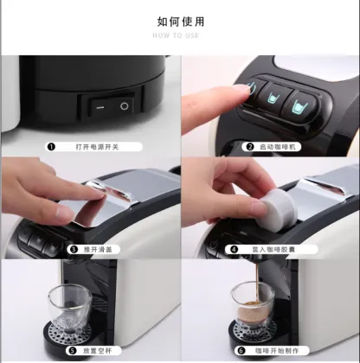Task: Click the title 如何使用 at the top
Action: click(x=179, y=21)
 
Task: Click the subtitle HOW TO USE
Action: click(x=179, y=36)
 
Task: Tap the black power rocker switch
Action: click(x=111, y=105)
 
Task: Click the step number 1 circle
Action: click(x=51, y=146)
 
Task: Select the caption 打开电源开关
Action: click(x=98, y=146)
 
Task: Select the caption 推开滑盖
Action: click(x=105, y=249)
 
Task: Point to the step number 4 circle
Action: click(x=233, y=249)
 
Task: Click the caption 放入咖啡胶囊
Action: click(x=274, y=249)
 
